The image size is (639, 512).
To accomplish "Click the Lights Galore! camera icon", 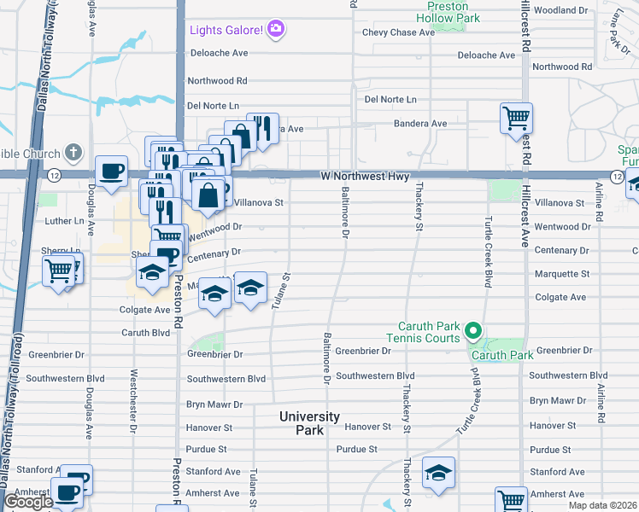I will coord(275,30).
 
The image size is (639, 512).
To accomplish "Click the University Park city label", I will coord(310,423).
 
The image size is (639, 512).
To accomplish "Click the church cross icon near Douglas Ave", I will coord(73,154).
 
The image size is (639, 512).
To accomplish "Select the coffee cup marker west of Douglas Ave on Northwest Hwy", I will coord(111,171).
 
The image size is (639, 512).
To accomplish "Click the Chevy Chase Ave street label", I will coord(399,32).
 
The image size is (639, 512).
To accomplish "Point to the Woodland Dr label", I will coord(561,10).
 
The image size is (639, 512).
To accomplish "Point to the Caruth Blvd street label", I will coord(146,333).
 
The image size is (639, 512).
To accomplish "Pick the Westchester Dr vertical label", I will coord(133,400).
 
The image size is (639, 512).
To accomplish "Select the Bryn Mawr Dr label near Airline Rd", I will coord(559,400).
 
